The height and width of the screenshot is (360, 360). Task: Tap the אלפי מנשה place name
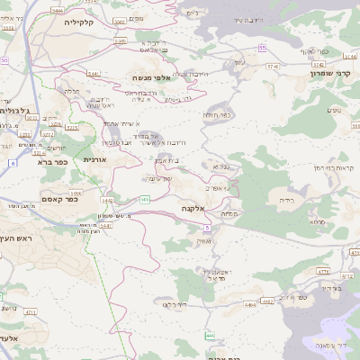tap(151, 78)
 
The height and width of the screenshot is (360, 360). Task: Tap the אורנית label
tap(95, 159)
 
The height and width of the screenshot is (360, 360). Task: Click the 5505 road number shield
tap(121, 41)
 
